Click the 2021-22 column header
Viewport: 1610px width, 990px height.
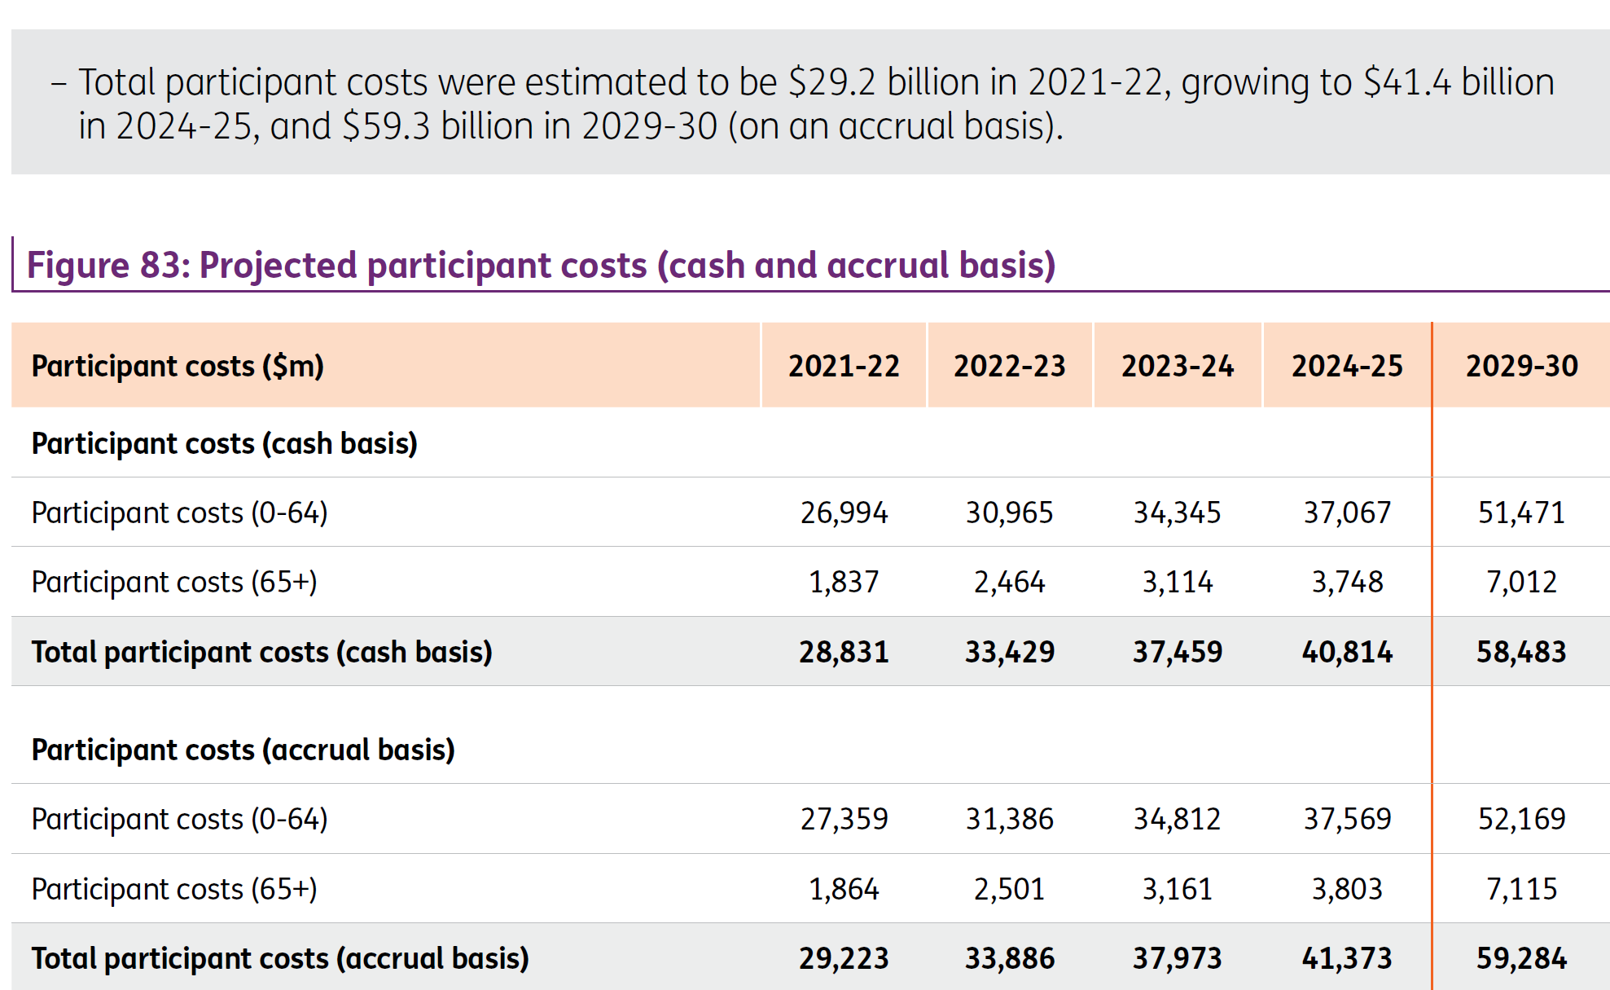pyautogui.click(x=844, y=366)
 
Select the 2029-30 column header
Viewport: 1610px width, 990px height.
pyautogui.click(x=1521, y=366)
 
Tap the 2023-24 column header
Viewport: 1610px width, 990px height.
pyautogui.click(x=1178, y=366)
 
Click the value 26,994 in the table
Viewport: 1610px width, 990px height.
pyautogui.click(x=844, y=513)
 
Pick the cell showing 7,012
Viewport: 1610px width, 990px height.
pyautogui.click(x=1521, y=582)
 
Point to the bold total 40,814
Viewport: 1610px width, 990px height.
pyautogui.click(x=1347, y=652)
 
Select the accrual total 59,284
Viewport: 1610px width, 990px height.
pyautogui.click(x=1521, y=958)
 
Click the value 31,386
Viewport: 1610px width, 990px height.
pyautogui.click(x=1010, y=819)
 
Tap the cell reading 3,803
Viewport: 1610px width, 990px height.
pyautogui.click(x=1347, y=889)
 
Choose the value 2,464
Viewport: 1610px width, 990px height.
pyautogui.click(x=1010, y=582)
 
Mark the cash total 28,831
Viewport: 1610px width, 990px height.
pyautogui.click(x=844, y=652)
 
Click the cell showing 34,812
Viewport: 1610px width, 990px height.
pyautogui.click(x=1178, y=819)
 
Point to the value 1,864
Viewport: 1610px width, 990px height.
pyautogui.click(x=844, y=889)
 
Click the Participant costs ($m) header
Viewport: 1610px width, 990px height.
pyautogui.click(x=178, y=367)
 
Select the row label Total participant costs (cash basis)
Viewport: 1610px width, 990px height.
pyautogui.click(x=262, y=653)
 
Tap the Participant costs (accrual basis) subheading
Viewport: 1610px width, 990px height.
pyautogui.click(x=243, y=750)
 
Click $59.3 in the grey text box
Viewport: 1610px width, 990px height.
pyautogui.click(x=387, y=126)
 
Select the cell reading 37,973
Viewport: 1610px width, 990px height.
pyautogui.click(x=1178, y=958)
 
